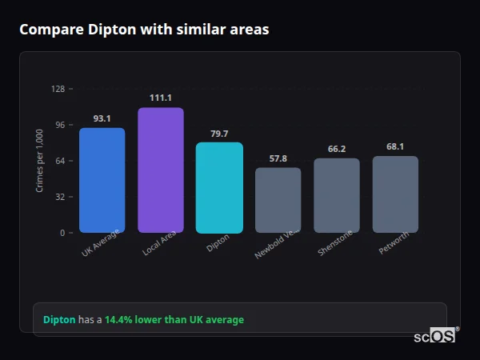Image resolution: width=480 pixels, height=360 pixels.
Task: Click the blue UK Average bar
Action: pos(102,180)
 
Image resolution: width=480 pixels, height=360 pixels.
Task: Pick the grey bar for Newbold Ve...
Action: pos(278,200)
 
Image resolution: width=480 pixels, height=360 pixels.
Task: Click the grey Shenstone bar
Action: pos(337,195)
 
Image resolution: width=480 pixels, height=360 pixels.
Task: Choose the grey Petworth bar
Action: pos(395,194)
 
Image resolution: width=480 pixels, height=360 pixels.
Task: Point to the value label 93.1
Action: pos(102,118)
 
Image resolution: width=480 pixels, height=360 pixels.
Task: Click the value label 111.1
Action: pos(161,98)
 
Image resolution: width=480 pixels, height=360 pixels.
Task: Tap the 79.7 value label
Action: pos(219,134)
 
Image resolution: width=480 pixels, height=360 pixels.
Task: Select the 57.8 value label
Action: pos(278,158)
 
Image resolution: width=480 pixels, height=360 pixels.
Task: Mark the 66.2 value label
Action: pos(337,149)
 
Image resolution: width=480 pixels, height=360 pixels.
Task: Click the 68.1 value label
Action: pos(395,146)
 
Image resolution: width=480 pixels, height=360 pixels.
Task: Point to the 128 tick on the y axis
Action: pos(58,89)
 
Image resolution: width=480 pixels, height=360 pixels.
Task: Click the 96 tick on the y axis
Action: pos(59,125)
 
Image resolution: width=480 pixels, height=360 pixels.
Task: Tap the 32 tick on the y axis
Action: pos(59,197)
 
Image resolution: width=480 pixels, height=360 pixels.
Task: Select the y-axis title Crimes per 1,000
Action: pos(40,161)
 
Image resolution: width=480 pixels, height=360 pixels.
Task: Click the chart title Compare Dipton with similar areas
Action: pos(144,30)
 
